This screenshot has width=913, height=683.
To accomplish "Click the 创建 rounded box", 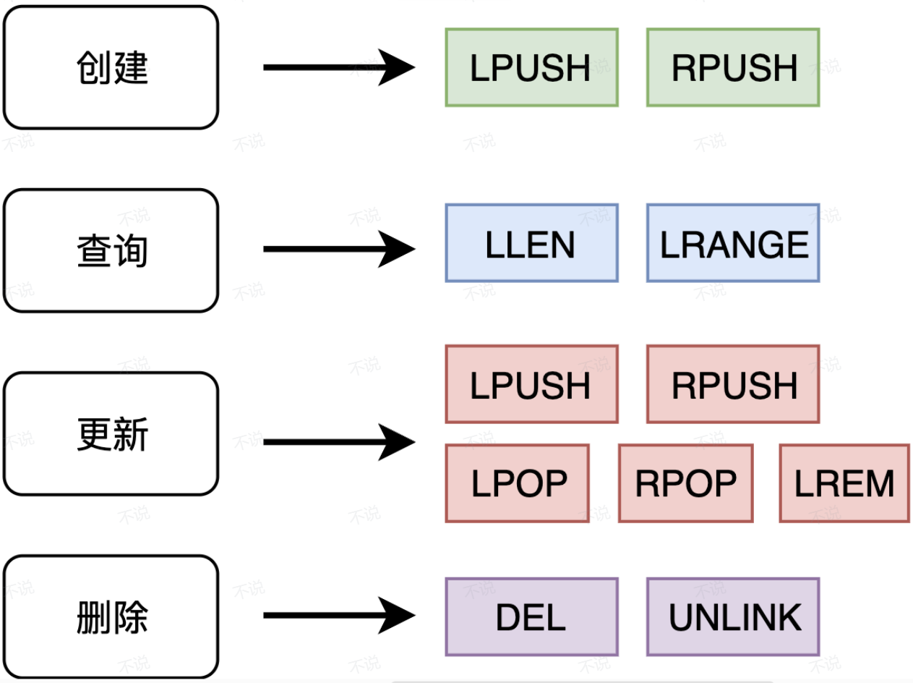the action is tap(111, 67).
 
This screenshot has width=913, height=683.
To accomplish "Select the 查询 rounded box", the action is tap(111, 250).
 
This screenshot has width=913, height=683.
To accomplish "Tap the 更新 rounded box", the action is tap(111, 433).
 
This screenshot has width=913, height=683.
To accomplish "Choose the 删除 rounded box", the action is tap(111, 617).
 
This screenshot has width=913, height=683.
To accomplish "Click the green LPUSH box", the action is tap(531, 67).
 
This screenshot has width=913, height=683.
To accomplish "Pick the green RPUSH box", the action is tap(733, 67).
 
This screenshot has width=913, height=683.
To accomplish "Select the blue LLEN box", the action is tap(531, 243).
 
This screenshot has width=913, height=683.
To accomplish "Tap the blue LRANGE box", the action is tap(733, 243).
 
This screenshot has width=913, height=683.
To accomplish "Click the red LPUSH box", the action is tap(531, 384).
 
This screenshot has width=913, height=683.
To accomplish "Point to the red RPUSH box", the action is tap(733, 384).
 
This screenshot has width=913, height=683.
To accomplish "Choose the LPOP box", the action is tap(518, 483).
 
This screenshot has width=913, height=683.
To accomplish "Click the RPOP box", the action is tap(686, 483).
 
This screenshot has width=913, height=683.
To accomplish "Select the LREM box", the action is tap(844, 483).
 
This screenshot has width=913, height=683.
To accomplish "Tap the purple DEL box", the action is tap(531, 617).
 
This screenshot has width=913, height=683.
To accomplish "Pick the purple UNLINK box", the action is tap(733, 617).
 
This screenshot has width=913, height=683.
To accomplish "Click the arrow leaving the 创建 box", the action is tap(340, 67).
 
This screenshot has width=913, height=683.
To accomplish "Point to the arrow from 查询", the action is tap(340, 249).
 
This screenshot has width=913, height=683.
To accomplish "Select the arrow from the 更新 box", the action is tap(340, 442).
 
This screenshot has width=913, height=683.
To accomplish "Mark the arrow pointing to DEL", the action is tap(340, 615).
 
